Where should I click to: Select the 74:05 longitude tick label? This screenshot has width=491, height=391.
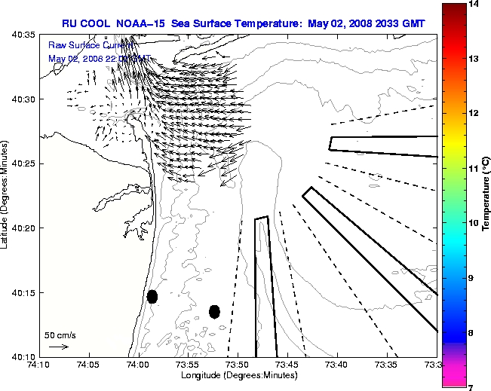88,365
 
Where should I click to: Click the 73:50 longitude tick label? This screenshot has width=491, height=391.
237,365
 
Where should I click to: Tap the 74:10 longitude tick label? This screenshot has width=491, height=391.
39,365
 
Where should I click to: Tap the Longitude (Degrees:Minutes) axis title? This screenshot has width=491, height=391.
237,374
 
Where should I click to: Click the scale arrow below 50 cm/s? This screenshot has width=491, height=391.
58,347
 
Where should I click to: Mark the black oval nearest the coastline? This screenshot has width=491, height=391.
152,296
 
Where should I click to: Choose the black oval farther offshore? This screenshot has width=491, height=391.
214,311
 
